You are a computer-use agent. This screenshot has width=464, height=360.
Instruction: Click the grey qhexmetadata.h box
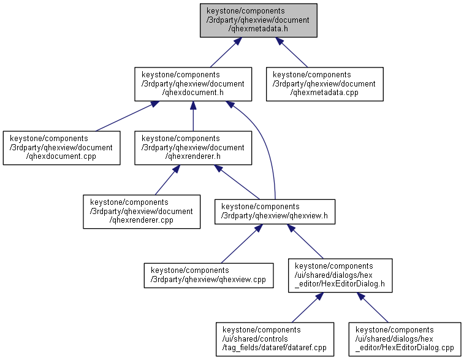point(258,20)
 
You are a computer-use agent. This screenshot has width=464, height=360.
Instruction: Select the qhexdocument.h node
point(193,84)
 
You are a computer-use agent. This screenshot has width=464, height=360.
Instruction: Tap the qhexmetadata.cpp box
point(324,84)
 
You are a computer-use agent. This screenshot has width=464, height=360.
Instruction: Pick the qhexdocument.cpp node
point(61,148)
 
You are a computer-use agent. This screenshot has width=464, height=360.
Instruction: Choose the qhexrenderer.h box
point(193,148)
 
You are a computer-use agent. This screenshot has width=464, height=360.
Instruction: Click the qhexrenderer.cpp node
point(142,212)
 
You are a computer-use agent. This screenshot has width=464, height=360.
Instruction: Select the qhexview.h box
point(275,212)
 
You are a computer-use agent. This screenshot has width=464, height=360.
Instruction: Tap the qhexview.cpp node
point(208,275)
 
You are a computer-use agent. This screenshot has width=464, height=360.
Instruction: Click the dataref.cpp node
point(274,339)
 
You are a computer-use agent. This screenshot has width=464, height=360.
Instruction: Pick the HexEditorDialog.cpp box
point(405,339)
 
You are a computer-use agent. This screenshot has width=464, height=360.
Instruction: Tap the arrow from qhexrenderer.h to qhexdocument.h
point(193,116)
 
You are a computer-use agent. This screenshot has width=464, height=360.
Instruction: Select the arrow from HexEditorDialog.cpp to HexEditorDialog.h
point(374,307)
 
